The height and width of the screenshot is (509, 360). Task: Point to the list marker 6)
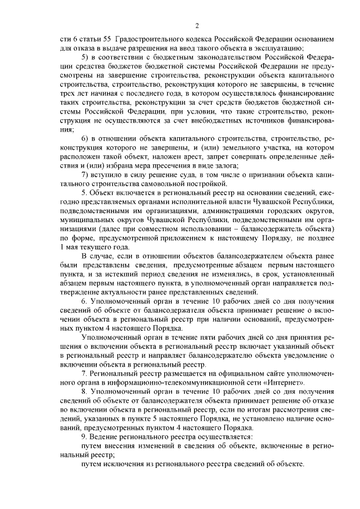85,138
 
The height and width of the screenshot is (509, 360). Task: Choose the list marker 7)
85,174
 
